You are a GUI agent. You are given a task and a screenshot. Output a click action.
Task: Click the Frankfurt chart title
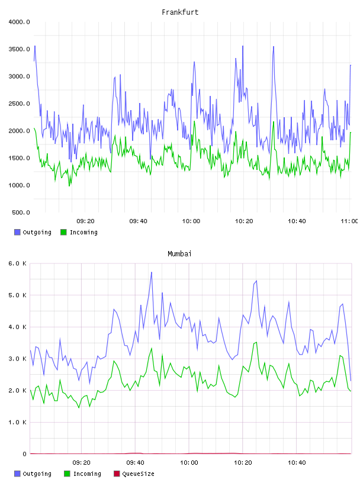pyautogui.click(x=180, y=12)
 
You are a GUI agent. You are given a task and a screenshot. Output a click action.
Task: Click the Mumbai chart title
pyautogui.click(x=179, y=254)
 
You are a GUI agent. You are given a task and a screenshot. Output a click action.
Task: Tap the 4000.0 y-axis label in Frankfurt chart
pyautogui.click(x=19, y=22)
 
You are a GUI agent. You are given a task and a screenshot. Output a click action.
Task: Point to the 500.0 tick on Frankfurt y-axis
pyautogui.click(x=21, y=212)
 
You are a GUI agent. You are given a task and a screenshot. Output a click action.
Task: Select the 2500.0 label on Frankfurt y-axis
pyautogui.click(x=19, y=104)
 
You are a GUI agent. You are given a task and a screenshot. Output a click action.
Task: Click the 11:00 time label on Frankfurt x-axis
pyautogui.click(x=349, y=221)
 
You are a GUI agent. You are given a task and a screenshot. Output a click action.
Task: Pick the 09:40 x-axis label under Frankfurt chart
pyautogui.click(x=138, y=221)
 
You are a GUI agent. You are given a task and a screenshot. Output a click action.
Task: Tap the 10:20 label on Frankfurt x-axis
pyautogui.click(x=244, y=221)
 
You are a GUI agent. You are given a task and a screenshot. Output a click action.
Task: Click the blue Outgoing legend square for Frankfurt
pyautogui.click(x=17, y=232)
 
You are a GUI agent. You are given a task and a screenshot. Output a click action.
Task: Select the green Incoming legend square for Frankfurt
pyautogui.click(x=63, y=232)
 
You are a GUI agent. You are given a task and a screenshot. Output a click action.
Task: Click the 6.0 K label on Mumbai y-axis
pyautogui.click(x=17, y=263)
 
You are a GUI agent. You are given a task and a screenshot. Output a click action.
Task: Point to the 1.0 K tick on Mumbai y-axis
pyautogui.click(x=17, y=422)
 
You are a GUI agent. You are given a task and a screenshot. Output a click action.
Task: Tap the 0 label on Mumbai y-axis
pyautogui.click(x=24, y=454)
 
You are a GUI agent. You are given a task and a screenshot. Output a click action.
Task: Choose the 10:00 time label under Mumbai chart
pyautogui.click(x=189, y=463)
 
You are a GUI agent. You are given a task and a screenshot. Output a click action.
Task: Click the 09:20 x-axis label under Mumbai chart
pyautogui.click(x=81, y=463)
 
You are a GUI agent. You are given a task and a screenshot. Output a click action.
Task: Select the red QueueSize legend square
pyautogui.click(x=117, y=474)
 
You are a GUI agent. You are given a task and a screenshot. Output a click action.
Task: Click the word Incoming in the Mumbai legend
pyautogui.click(x=87, y=474)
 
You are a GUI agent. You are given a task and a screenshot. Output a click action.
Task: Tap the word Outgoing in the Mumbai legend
pyautogui.click(x=37, y=474)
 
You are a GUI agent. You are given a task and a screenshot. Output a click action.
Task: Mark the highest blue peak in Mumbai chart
pyautogui.click(x=152, y=272)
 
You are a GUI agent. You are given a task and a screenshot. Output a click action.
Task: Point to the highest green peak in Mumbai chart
pyautogui.click(x=256, y=342)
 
